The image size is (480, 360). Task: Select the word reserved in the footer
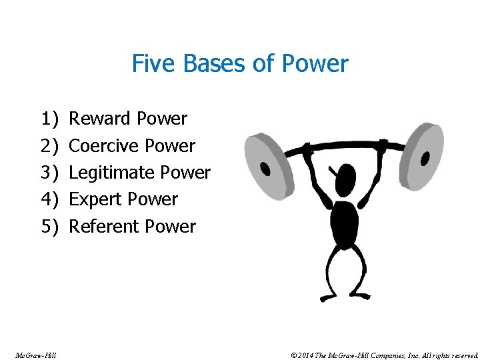click(462, 355)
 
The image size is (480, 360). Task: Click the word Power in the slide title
click(315, 64)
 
